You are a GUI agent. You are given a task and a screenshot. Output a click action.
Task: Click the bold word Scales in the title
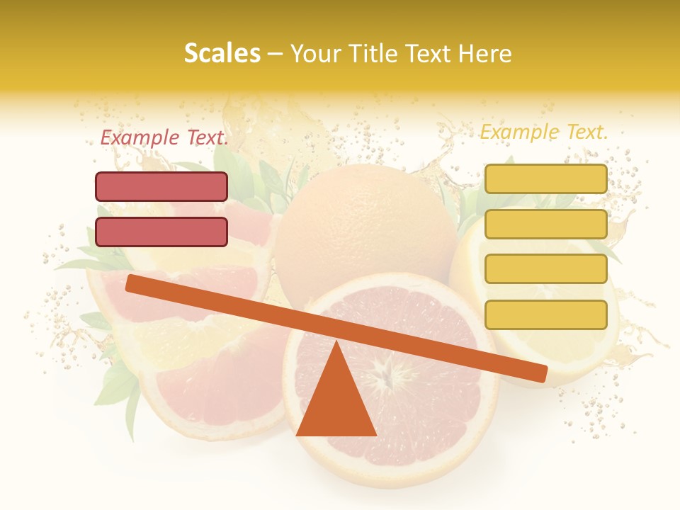(x=222, y=54)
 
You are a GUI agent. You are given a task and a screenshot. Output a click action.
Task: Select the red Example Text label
(x=164, y=138)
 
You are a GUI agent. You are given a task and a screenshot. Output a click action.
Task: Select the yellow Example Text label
(x=544, y=132)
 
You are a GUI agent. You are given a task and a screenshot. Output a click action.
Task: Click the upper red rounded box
(x=161, y=187)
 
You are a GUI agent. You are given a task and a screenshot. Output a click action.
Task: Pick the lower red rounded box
(x=161, y=232)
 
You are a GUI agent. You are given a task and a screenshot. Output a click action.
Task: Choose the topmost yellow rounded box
(x=545, y=179)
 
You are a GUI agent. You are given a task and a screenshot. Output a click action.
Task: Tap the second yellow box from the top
(x=545, y=224)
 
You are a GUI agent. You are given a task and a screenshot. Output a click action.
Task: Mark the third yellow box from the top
(x=545, y=269)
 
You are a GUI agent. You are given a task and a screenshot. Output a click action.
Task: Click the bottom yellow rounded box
(x=545, y=314)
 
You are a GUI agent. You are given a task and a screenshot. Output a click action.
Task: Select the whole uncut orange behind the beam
(x=365, y=227)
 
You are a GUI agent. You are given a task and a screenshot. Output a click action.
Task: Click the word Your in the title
(x=314, y=54)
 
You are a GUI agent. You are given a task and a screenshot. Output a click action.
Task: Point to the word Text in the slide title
(x=427, y=54)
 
